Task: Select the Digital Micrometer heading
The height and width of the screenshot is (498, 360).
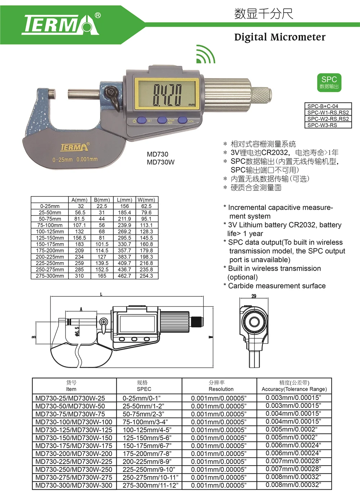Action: [280, 37]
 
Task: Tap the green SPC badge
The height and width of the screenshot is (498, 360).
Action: [329, 82]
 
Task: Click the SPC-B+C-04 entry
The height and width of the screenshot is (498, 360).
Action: [323, 106]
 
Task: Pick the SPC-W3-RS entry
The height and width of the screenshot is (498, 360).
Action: [322, 125]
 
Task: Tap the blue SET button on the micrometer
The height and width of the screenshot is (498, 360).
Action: [141, 121]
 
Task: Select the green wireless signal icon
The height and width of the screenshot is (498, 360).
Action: [205, 54]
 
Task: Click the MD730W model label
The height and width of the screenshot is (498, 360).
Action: [161, 162]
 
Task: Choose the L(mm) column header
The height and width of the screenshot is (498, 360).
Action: [124, 200]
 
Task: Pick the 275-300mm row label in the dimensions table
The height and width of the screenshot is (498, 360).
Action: [50, 276]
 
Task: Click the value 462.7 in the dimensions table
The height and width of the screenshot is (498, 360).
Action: [124, 276]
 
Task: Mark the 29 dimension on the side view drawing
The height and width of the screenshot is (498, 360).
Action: [254, 296]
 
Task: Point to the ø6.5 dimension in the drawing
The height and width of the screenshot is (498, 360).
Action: [77, 331]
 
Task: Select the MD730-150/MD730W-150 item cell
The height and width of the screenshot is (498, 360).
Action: [74, 438]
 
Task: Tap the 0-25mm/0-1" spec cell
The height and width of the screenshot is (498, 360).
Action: [141, 398]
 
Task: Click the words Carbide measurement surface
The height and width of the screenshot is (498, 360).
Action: [276, 286]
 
